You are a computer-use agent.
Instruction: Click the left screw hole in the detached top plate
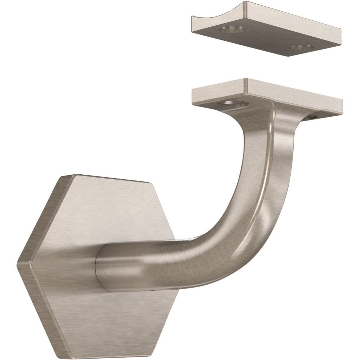coord(232,29)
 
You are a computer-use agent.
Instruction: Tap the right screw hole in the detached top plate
coord(302,47)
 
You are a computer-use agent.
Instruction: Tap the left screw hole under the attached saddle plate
coord(232,103)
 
